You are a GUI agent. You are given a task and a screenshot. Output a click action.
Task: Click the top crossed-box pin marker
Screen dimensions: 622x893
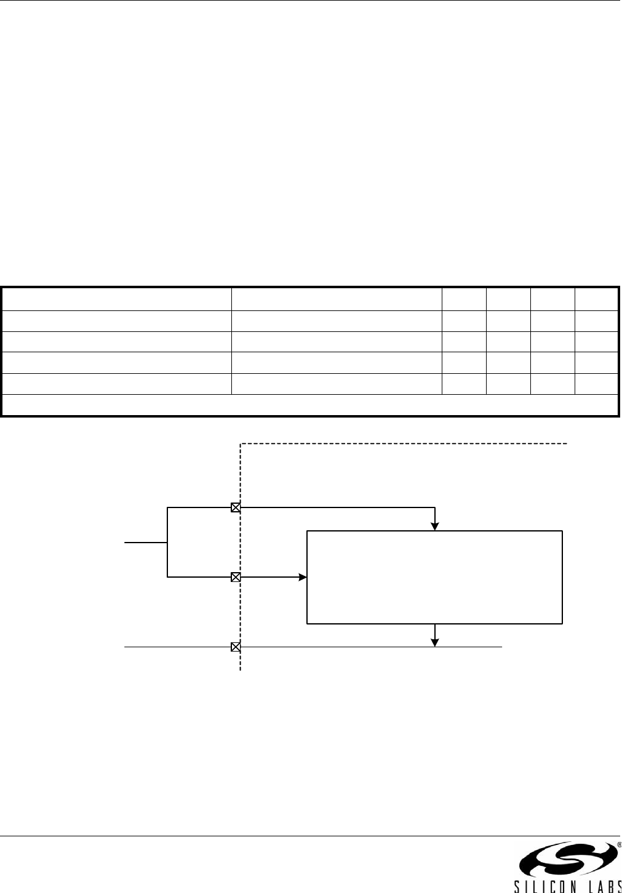[235, 508]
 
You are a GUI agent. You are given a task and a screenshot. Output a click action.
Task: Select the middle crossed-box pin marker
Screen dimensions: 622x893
[235, 578]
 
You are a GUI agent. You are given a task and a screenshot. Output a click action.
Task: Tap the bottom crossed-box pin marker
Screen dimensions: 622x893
[235, 647]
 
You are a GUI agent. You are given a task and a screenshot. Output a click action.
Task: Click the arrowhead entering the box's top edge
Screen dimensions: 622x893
[435, 526]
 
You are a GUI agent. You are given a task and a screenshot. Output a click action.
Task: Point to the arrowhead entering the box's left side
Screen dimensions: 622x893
[303, 578]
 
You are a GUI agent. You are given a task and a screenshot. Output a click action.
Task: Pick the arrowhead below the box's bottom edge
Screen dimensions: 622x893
[435, 642]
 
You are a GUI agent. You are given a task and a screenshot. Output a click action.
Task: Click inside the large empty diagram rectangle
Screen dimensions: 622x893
[434, 576]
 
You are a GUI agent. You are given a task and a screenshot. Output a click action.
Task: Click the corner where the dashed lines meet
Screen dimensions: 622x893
[240, 443]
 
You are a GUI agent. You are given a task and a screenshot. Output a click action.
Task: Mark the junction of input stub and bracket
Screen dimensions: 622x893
[167, 543]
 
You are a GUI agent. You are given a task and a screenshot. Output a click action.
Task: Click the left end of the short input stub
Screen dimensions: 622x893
[126, 543]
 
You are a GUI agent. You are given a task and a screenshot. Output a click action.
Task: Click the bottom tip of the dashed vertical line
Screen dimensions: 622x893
[240, 669]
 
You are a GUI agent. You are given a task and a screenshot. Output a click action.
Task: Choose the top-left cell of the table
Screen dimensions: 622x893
[117, 299]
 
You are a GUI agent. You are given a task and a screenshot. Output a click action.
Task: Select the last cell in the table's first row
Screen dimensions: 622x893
[596, 299]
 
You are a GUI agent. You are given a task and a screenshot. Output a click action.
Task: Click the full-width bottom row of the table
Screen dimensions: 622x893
[310, 405]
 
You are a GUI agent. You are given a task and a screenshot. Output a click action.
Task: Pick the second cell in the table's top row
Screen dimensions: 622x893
[336, 299]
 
